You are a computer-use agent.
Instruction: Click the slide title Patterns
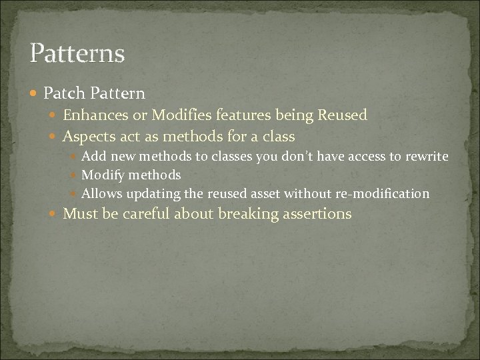click(77, 53)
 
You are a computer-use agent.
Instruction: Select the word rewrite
click(427, 156)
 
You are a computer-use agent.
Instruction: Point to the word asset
click(265, 194)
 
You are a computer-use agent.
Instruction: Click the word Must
click(79, 214)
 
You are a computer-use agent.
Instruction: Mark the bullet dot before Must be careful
click(55, 215)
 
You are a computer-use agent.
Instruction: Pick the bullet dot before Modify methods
click(75, 176)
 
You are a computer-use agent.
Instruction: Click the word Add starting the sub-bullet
click(93, 156)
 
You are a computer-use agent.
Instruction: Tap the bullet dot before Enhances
click(55, 116)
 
